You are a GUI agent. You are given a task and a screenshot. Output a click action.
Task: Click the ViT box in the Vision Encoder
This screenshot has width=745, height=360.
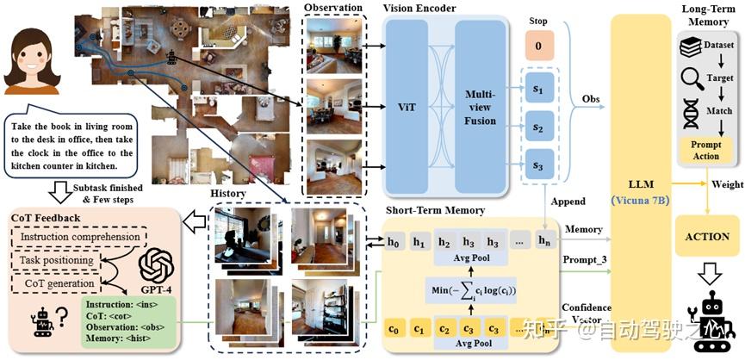pos(407,109)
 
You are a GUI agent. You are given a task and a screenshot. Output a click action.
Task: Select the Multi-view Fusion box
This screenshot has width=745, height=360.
pos(480,109)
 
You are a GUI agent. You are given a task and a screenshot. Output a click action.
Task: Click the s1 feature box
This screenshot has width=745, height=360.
pos(539,88)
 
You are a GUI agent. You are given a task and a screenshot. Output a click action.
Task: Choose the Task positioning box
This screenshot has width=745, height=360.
pos(60,259)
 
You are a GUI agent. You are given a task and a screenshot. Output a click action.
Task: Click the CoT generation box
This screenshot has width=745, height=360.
pos(60,282)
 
